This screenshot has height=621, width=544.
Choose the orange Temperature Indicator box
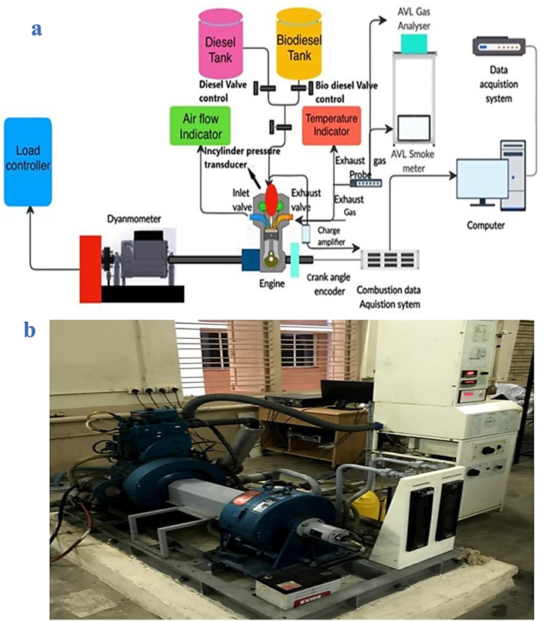point(331,125)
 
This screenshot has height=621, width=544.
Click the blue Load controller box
point(28,161)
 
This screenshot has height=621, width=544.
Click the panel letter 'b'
point(30,331)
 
